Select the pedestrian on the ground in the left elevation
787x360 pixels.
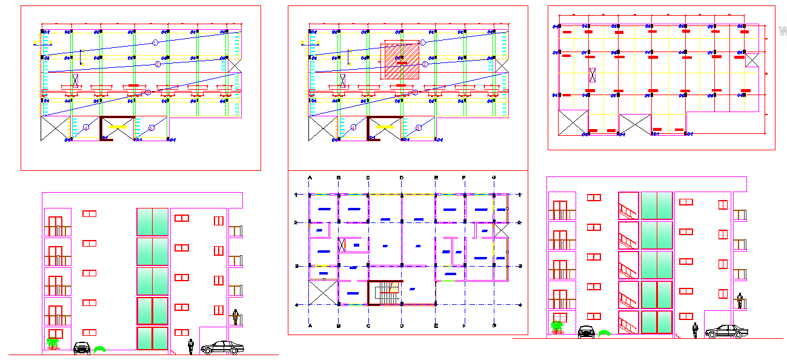click(x=191, y=346)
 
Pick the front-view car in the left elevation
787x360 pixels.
click(x=82, y=348)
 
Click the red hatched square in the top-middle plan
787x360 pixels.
click(x=401, y=61)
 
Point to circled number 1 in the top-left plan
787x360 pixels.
click(x=155, y=42)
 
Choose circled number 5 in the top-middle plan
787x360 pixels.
click(x=419, y=128)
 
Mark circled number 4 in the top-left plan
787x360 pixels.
click(x=86, y=127)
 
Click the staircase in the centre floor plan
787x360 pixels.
click(x=386, y=294)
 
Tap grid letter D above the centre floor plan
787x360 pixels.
click(x=401, y=177)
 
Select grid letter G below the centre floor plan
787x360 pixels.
click(x=494, y=326)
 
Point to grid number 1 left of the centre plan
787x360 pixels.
click(x=296, y=195)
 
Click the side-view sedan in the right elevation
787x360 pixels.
click(x=726, y=331)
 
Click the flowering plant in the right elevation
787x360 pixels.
click(x=556, y=327)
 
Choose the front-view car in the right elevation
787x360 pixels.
click(x=586, y=332)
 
